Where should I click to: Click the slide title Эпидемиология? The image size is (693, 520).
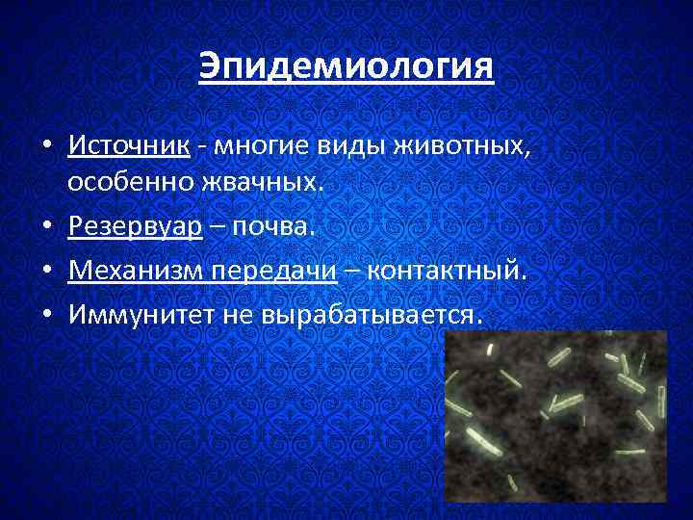click(x=346, y=67)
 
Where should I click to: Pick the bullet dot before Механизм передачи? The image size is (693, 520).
click(x=47, y=273)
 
